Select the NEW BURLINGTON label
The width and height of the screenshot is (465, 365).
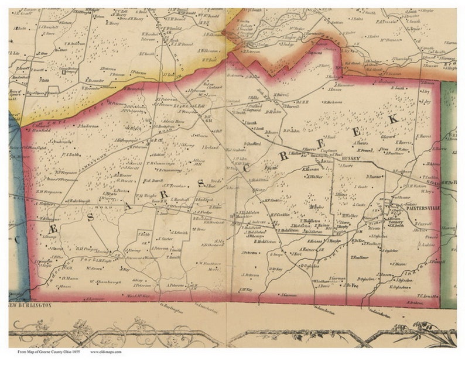click(x=30, y=305)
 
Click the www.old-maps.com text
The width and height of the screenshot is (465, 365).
click(x=106, y=352)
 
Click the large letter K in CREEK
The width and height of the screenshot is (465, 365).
click(x=393, y=119)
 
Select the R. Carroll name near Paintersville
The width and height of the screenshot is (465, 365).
click(x=423, y=223)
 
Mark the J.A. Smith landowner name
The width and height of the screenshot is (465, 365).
click(x=179, y=232)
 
